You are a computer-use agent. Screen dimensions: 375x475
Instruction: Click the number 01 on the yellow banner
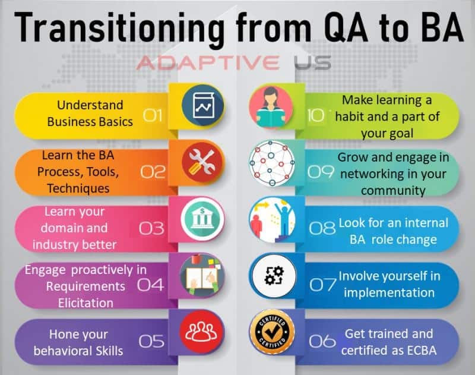153,115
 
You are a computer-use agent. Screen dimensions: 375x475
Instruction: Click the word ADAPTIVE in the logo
208,62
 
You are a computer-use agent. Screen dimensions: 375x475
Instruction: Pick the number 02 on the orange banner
153,172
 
